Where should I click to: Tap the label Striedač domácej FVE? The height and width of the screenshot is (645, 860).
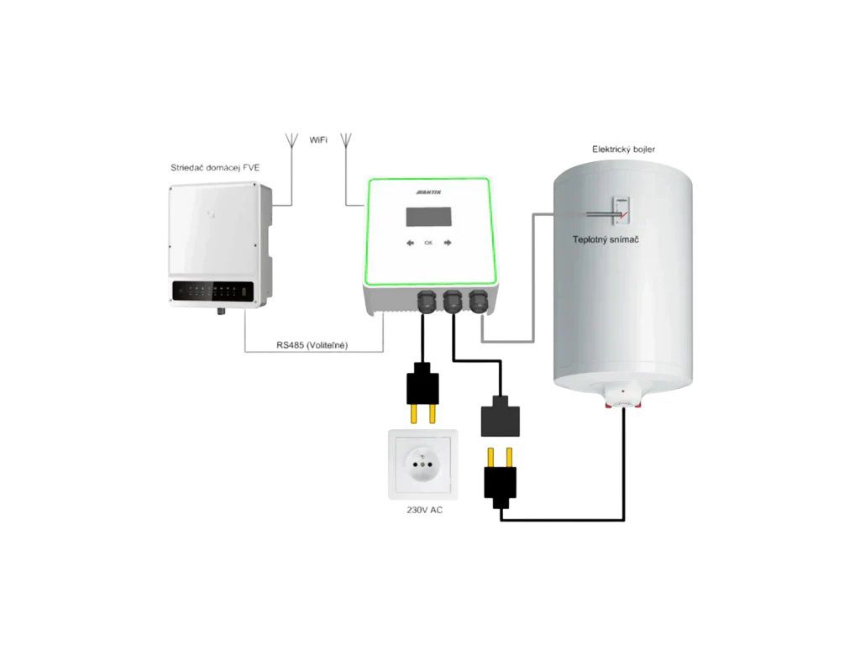pyautogui.click(x=214, y=168)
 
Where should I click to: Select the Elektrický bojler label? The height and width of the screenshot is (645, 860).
pyautogui.click(x=623, y=149)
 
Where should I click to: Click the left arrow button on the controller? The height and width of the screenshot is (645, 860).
pyautogui.click(x=411, y=243)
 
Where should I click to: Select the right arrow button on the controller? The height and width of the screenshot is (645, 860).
pyautogui.click(x=448, y=243)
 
